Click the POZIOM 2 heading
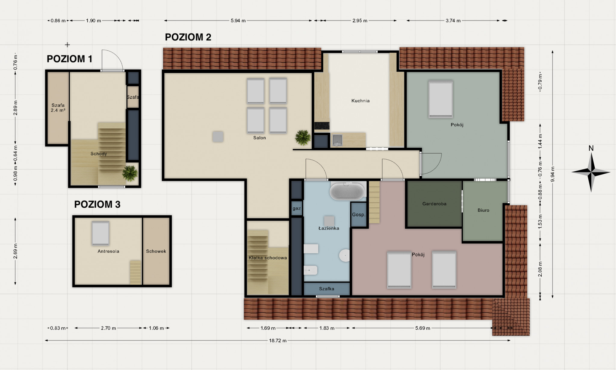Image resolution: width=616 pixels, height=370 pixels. coord(188,37)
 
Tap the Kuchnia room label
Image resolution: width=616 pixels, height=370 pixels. coord(361,101)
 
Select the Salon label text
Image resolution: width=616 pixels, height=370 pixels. coord(259,138)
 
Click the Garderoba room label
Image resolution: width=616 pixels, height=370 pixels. coord(434,204)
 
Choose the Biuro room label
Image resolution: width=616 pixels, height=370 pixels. coord(483,210)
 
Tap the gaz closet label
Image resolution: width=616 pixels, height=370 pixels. coord(297,208)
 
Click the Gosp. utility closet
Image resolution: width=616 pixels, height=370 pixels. coord(359,214)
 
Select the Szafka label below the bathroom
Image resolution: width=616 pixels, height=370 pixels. coord(327,289)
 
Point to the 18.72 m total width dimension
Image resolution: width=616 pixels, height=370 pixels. coord(278,340)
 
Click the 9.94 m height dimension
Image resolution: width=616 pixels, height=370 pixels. coord(553,174)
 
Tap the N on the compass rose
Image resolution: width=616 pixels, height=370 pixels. coord(591,148)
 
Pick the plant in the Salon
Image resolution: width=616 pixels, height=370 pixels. coord(303,138)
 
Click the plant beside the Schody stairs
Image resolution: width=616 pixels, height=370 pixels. coord(130,173)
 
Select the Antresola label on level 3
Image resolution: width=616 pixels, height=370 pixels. coord(108,251)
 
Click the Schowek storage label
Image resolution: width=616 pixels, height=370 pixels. coord(156,251)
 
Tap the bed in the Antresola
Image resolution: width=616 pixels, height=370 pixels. coord(101,233)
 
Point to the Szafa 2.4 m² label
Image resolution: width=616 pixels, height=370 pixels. coord(58,108)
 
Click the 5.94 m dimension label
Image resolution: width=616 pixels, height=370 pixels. coord(238,21)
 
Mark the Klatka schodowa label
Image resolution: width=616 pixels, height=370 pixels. coord(268,258)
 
